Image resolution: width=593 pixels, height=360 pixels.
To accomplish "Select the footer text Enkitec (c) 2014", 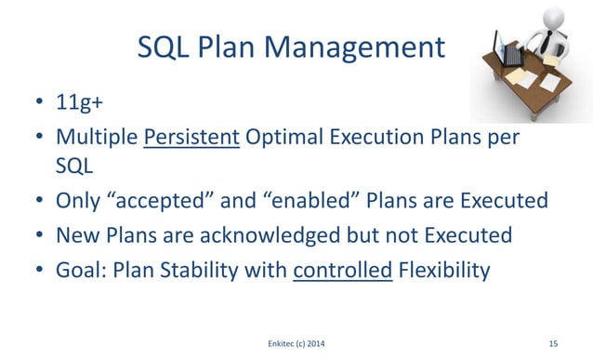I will coord(296,343).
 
